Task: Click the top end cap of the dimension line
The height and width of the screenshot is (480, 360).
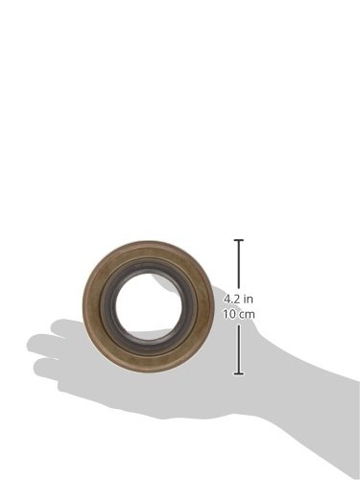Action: pos(239,240)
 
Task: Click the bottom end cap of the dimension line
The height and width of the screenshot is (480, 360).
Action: pos(239,373)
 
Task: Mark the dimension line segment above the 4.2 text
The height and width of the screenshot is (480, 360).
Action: pos(239,264)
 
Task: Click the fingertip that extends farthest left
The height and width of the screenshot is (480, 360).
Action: pos(32,344)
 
